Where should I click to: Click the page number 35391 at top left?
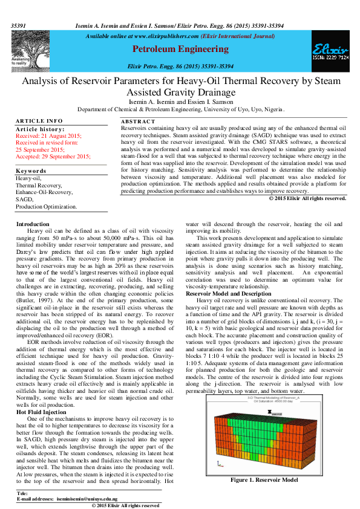tap(19, 26)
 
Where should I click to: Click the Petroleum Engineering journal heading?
tap(180, 49)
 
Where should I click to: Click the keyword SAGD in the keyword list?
tap(24, 199)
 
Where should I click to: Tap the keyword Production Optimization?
tap(46, 206)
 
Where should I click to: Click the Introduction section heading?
tap(33, 224)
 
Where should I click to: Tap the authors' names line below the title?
tap(180, 103)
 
